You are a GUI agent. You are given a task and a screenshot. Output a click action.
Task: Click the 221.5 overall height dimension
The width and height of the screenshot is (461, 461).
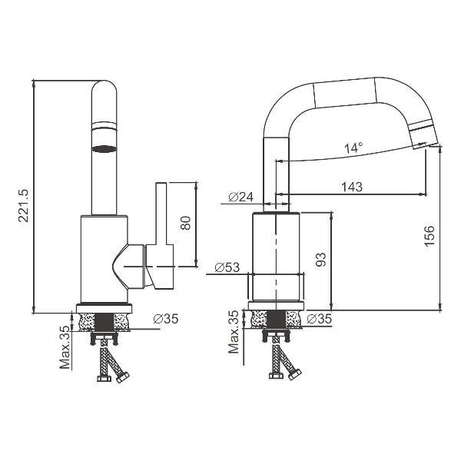tap(24, 205)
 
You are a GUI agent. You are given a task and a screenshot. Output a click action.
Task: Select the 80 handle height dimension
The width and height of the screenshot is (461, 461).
tap(186, 223)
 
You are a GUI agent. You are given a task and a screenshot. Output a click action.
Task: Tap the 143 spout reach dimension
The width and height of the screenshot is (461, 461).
tap(352, 187)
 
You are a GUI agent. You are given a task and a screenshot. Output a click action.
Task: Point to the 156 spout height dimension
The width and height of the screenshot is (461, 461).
tap(429, 236)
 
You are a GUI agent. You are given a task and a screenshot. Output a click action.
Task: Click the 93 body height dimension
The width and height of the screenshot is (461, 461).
tap(320, 260)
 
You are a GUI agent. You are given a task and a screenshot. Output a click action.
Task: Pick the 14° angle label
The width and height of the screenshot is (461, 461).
tap(353, 148)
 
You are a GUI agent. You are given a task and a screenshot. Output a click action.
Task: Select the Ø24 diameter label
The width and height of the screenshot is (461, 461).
tap(240, 197)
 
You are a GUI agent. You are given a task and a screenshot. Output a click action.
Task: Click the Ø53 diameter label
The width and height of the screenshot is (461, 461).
tap(227, 267)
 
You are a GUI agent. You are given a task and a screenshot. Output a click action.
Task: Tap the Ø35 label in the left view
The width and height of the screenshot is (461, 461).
tap(166, 318)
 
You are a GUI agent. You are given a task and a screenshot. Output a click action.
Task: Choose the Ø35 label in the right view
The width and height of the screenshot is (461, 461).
tap(320, 319)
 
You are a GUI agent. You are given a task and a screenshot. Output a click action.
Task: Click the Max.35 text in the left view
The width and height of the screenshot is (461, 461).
tap(65, 347)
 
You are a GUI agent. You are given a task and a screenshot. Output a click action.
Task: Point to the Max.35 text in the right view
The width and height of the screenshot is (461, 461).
tap(234, 331)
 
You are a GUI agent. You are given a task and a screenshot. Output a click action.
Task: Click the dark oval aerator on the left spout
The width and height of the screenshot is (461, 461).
tap(104, 149)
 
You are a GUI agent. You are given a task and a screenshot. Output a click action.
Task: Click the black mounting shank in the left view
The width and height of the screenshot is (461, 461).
tap(104, 323)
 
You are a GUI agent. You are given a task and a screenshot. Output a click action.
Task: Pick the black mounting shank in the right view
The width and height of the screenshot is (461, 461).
tap(276, 319)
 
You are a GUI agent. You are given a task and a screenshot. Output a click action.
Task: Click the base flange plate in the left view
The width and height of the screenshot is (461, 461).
tap(104, 308)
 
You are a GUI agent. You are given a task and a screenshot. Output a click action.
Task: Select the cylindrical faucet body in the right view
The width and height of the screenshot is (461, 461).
tap(276, 257)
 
